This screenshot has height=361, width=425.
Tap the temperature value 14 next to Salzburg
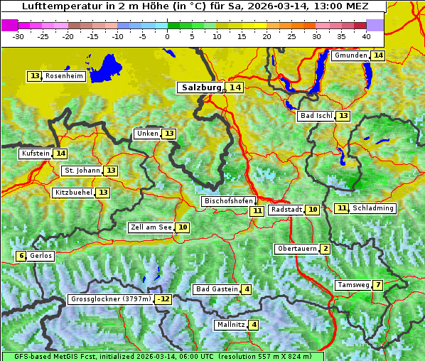pyautogui.click(x=235, y=87)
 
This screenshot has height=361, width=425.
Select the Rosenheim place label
pyautogui.click(x=64, y=76)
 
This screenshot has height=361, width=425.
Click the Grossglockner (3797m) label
pyautogui.click(x=111, y=299)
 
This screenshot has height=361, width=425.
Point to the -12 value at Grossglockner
pyautogui.click(x=164, y=299)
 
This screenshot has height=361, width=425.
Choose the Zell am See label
pyautogui.click(x=151, y=227)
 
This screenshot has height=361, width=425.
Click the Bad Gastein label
pyautogui.click(x=217, y=289)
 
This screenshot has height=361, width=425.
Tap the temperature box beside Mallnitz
pyautogui.click(x=254, y=325)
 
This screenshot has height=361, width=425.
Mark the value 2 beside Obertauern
pyautogui.click(x=325, y=249)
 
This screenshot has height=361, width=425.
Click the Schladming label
pyautogui.click(x=373, y=208)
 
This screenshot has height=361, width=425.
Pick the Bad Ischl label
pyautogui.click(x=316, y=116)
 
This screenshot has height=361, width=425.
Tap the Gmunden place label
pyautogui.click(x=350, y=55)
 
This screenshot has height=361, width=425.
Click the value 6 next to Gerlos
pyautogui.click(x=22, y=256)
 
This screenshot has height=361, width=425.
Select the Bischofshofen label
pyautogui.click(x=228, y=201)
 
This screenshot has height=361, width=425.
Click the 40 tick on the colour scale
pyautogui.click(x=365, y=36)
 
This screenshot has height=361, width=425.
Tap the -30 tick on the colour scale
pyautogui.click(x=18, y=36)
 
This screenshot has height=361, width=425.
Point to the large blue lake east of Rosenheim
pyautogui.click(x=107, y=65)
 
